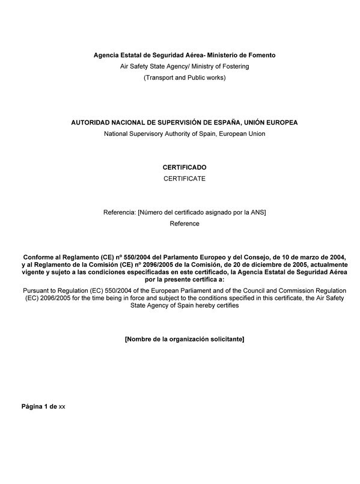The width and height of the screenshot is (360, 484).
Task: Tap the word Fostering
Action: (x=233, y=66)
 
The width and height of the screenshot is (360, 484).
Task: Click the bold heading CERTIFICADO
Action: (x=184, y=167)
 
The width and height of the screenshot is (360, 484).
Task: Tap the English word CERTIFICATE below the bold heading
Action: (x=184, y=179)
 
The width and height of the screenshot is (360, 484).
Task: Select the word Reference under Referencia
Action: (x=184, y=224)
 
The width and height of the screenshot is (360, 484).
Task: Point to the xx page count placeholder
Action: (x=62, y=407)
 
